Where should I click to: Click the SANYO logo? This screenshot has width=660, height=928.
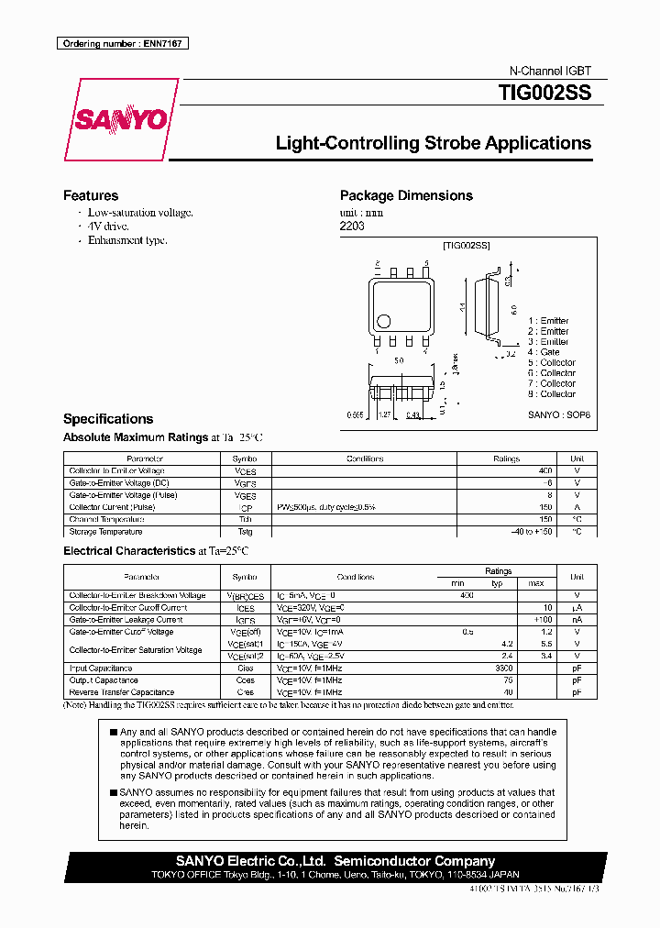(120, 120)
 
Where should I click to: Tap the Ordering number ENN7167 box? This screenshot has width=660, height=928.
(122, 43)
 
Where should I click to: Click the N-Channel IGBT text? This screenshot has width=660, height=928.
(550, 71)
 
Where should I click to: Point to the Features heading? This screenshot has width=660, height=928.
(90, 195)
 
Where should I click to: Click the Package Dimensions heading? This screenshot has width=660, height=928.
(406, 195)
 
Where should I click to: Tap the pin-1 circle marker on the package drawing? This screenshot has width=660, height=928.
(384, 321)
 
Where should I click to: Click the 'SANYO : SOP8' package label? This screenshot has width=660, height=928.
(559, 414)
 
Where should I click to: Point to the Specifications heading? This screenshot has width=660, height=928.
(108, 418)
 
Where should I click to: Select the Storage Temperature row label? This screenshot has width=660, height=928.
(105, 531)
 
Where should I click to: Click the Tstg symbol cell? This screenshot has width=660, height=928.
(245, 531)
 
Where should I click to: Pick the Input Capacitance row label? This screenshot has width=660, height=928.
(101, 668)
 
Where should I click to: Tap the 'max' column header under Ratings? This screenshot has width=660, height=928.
(536, 583)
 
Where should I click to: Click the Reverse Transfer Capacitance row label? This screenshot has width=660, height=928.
(121, 692)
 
